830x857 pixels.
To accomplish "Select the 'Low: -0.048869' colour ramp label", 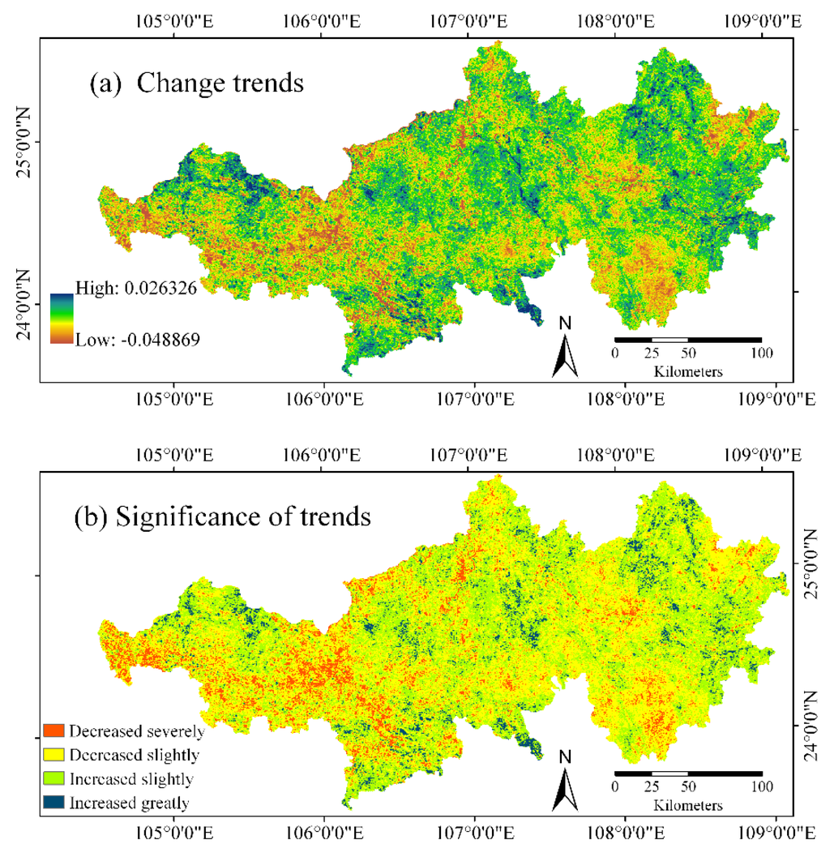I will click(x=137, y=340).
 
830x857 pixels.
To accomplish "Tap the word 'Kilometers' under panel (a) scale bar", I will click(x=687, y=371).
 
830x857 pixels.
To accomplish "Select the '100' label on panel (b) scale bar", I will click(x=761, y=786).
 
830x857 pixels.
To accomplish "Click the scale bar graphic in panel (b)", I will click(x=687, y=773).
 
